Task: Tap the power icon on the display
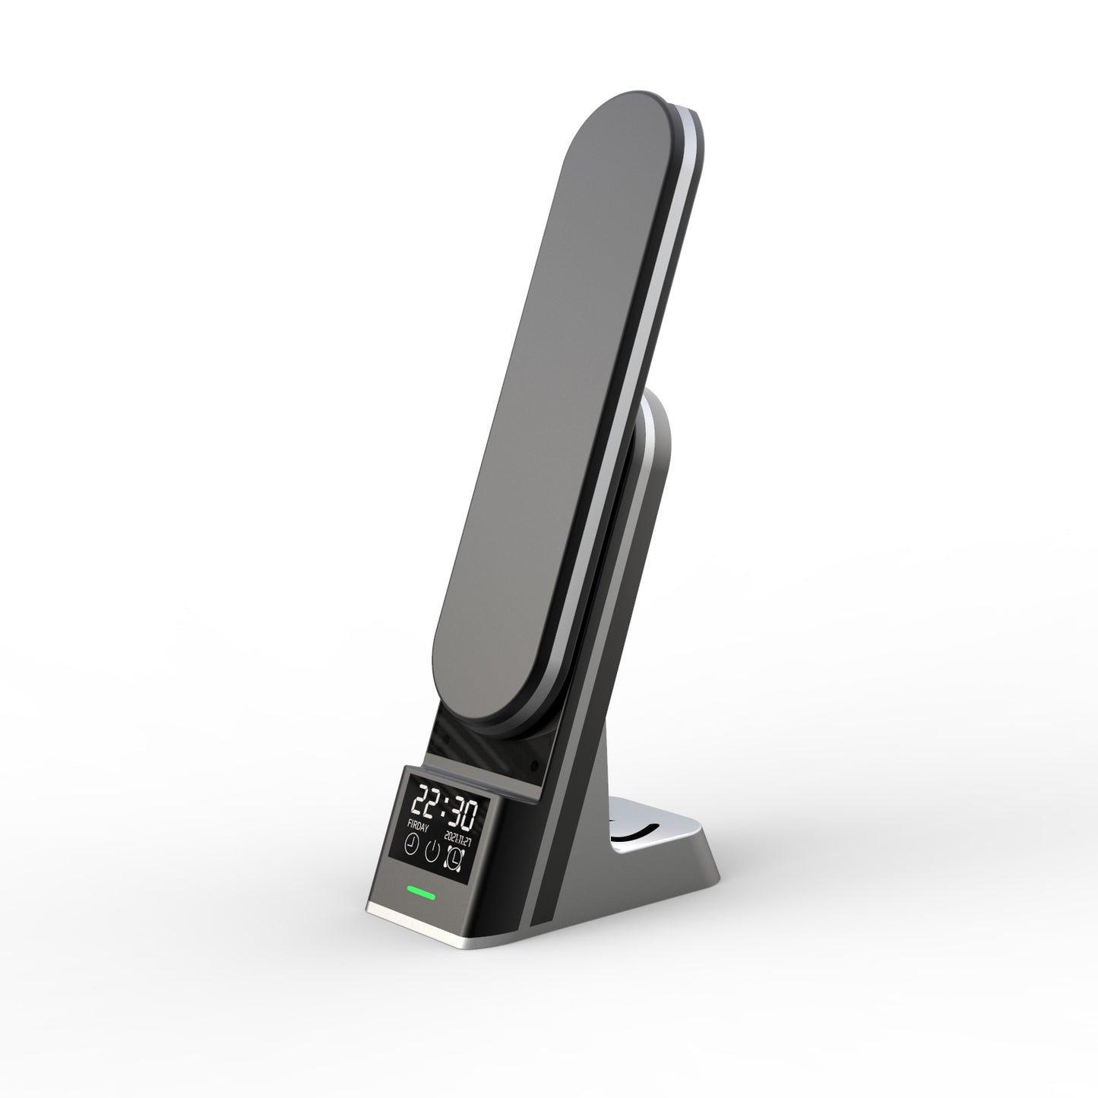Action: click(x=433, y=850)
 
